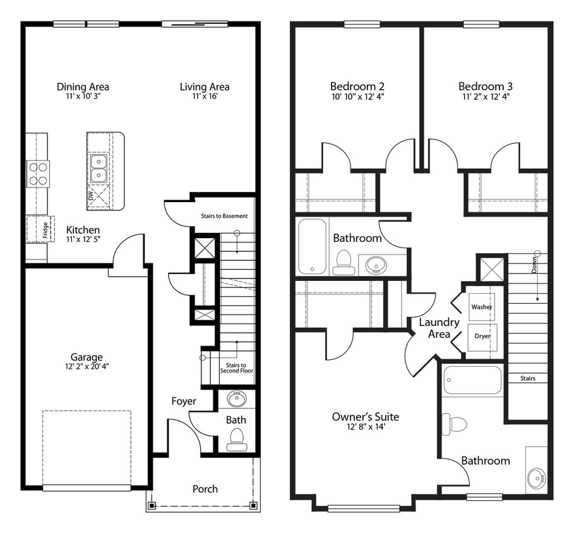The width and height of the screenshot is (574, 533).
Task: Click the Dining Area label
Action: (x=83, y=87)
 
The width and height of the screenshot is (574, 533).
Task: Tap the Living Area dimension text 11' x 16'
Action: (x=205, y=97)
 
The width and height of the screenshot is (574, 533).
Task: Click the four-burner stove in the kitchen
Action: (x=38, y=174)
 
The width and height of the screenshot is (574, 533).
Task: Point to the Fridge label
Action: (x=47, y=229)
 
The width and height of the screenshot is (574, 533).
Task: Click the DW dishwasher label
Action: (x=91, y=197)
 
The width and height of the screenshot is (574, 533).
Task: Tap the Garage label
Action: (x=87, y=357)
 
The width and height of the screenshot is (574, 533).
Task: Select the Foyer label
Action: (x=184, y=401)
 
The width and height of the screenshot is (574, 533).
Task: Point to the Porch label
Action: (x=205, y=489)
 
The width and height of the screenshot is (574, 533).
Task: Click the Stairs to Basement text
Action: (x=224, y=216)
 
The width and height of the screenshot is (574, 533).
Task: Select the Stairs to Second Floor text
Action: (x=237, y=368)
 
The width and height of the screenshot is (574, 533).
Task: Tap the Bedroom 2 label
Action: (x=357, y=87)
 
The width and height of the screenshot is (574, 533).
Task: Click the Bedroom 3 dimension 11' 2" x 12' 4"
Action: (x=486, y=97)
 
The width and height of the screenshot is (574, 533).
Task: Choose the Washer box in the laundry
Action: (x=482, y=307)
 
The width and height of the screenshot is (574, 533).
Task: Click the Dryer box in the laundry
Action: (x=482, y=336)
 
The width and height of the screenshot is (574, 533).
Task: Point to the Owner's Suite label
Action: (x=366, y=417)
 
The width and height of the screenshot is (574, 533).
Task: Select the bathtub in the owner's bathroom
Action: (x=472, y=380)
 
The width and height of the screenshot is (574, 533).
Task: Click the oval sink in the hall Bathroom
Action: (x=377, y=265)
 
